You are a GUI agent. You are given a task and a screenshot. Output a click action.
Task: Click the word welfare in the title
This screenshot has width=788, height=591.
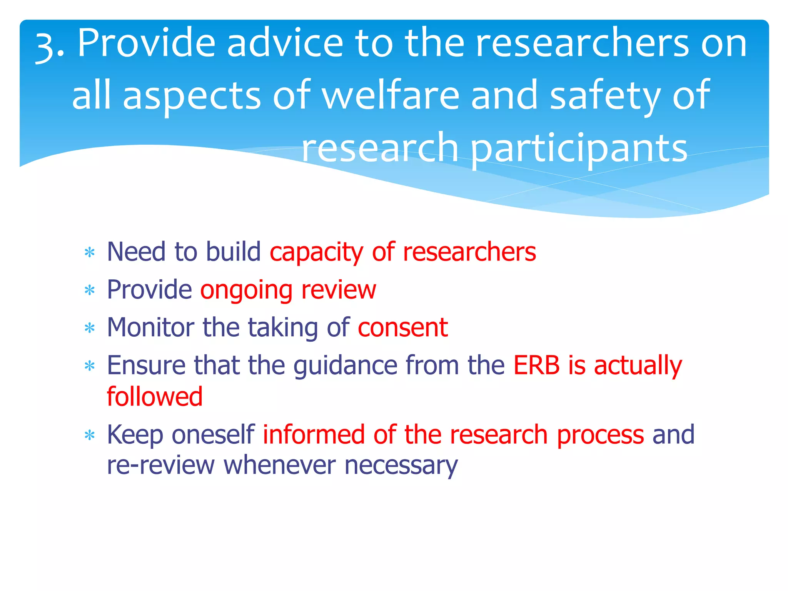(391, 95)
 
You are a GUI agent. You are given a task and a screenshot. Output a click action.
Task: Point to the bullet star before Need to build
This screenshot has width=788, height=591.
(90, 253)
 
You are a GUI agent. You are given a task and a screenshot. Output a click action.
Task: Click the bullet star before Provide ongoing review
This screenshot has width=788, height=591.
(90, 290)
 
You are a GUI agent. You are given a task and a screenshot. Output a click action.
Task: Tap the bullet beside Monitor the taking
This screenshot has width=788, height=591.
(90, 328)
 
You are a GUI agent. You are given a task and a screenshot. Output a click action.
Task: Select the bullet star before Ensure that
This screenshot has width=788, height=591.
(90, 366)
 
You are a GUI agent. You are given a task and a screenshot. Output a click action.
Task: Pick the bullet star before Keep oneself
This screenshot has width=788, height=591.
(90, 435)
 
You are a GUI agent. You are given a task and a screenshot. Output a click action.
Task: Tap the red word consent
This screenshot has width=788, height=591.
(402, 328)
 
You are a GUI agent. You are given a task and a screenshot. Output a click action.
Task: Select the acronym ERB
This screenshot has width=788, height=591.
(536, 365)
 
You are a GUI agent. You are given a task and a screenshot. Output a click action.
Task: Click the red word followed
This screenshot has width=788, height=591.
(154, 396)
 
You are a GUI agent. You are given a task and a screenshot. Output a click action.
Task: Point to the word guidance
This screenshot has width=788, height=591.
(345, 366)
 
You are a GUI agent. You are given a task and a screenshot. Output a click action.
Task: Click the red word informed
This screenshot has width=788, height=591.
(314, 435)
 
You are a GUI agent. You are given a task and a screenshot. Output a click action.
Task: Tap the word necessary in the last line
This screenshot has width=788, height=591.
(401, 466)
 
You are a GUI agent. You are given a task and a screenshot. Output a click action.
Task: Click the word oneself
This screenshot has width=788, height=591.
(213, 435)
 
